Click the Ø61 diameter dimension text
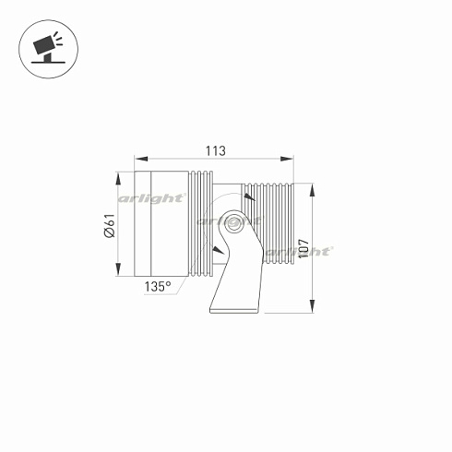[108, 225]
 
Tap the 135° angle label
[158, 287]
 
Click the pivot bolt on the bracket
[232, 222]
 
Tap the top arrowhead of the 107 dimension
[314, 187]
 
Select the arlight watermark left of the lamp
[153, 198]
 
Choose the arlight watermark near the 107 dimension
[298, 251]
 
